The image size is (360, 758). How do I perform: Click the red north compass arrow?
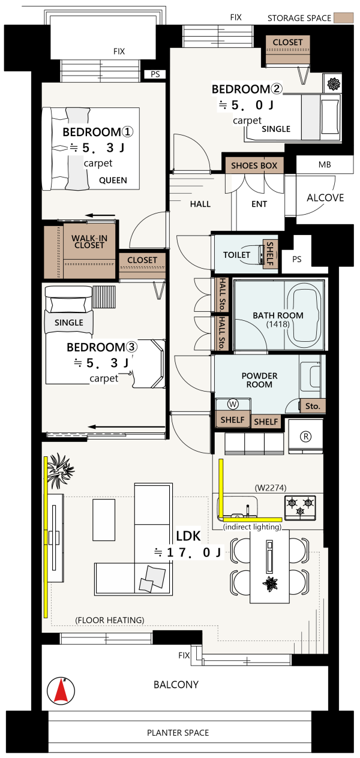pyautogui.click(x=62, y=690)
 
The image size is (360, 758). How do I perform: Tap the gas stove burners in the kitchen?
pyautogui.click(x=300, y=507)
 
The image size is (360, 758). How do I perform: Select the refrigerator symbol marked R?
pyautogui.click(x=305, y=437)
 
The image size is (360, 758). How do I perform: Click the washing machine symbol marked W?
pyautogui.click(x=233, y=404)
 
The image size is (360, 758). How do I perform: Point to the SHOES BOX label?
pyautogui.click(x=254, y=166)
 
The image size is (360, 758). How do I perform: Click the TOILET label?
pyautogui.click(x=236, y=254)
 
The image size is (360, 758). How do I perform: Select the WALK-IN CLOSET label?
pyautogui.click(x=89, y=242)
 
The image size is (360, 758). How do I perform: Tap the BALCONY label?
pyautogui.click(x=176, y=685)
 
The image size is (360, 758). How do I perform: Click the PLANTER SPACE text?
pyautogui.click(x=178, y=733)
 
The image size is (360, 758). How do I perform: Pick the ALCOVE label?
pyautogui.click(x=325, y=198)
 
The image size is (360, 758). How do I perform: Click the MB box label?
pyautogui.click(x=325, y=165)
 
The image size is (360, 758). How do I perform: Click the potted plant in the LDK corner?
pyautogui.click(x=60, y=470)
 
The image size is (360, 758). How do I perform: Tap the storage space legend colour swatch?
pyautogui.click(x=343, y=18)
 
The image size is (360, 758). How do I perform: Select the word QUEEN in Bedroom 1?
pyautogui.click(x=113, y=180)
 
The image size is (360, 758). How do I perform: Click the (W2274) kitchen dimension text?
pyautogui.click(x=270, y=488)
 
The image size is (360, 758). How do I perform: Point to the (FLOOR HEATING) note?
pyautogui.click(x=109, y=620)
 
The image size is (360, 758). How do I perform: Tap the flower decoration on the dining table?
pyautogui.click(x=270, y=583)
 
